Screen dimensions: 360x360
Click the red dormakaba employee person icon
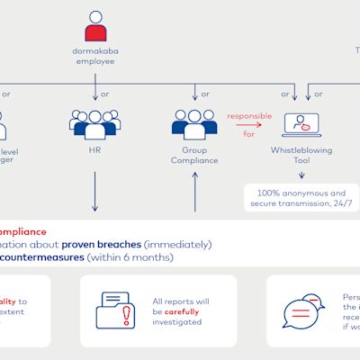point(95,27)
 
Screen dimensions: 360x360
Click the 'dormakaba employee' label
point(95,58)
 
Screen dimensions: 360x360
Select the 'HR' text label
point(94,152)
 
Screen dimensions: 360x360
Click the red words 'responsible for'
point(247,123)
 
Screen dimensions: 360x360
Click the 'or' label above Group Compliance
point(206,93)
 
